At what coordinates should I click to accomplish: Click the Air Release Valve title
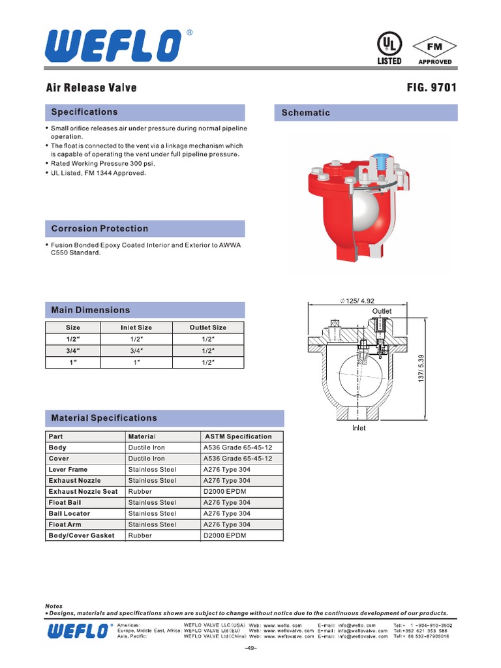(x=91, y=88)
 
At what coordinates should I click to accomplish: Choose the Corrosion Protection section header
(x=100, y=228)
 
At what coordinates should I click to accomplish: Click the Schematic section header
(x=305, y=113)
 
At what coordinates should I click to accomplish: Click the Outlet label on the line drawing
(x=382, y=312)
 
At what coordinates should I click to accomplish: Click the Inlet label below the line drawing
(x=359, y=428)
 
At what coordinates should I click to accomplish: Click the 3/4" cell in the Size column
(x=73, y=350)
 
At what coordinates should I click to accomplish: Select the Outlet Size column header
(x=208, y=327)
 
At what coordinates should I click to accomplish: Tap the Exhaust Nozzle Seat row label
(x=83, y=491)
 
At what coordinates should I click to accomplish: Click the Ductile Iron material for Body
(x=147, y=448)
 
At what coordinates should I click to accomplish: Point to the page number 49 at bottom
(x=251, y=648)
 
